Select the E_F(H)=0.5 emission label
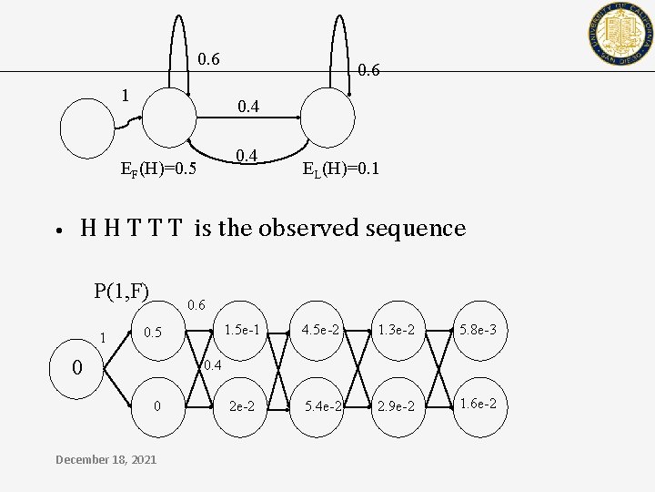[x=158, y=169]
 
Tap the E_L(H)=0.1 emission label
[x=341, y=169]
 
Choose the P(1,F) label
[x=121, y=291]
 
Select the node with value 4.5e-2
[x=321, y=329]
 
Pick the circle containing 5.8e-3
[x=479, y=329]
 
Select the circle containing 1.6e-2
[x=479, y=404]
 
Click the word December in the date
[x=85, y=459]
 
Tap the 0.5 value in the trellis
[x=153, y=333]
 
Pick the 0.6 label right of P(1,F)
[x=196, y=304]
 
